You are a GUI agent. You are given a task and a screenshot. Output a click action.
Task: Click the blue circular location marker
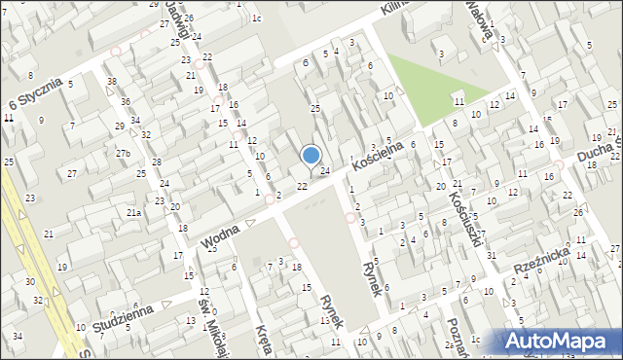pyautogui.click(x=311, y=154)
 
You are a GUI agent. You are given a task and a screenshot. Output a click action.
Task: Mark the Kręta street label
pyautogui.click(x=264, y=342)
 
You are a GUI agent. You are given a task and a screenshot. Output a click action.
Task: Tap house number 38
pyautogui.click(x=112, y=81)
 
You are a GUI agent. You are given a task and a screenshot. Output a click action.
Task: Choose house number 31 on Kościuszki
pyautogui.click(x=492, y=255)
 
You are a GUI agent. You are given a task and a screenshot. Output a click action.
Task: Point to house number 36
pyautogui.click(x=125, y=101)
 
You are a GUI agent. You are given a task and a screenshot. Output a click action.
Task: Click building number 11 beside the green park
pyautogui.click(x=458, y=101)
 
